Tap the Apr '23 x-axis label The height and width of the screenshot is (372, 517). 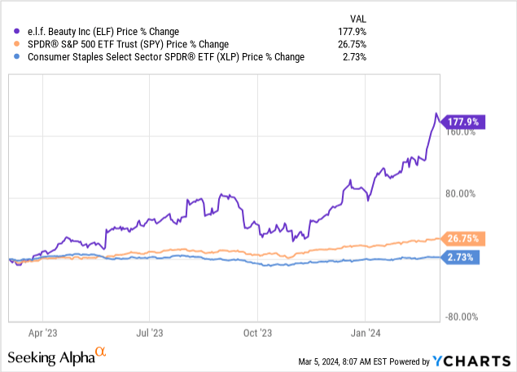click(x=42, y=333)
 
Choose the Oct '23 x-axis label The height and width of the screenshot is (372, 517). click(x=257, y=333)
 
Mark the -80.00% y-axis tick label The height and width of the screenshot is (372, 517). click(x=459, y=317)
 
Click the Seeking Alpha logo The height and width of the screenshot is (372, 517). click(x=57, y=356)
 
